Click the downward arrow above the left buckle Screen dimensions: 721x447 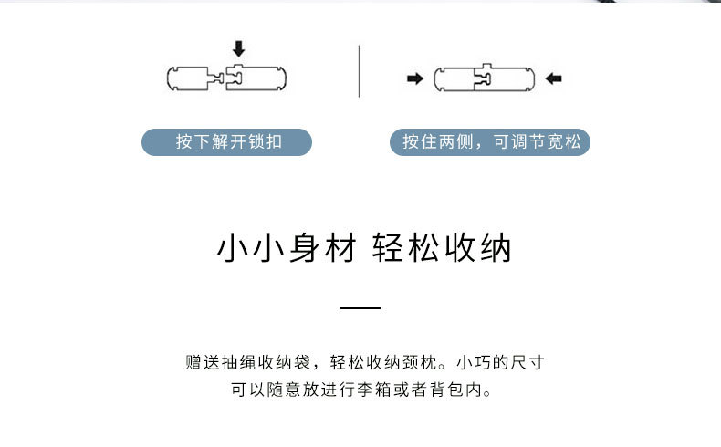239,48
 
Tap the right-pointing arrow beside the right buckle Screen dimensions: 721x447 415,79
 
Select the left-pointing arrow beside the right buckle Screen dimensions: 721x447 553,79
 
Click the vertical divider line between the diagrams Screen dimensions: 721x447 359,70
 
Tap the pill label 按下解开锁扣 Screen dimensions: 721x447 227,142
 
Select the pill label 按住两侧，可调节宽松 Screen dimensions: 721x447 490,142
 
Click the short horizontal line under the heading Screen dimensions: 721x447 360,308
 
